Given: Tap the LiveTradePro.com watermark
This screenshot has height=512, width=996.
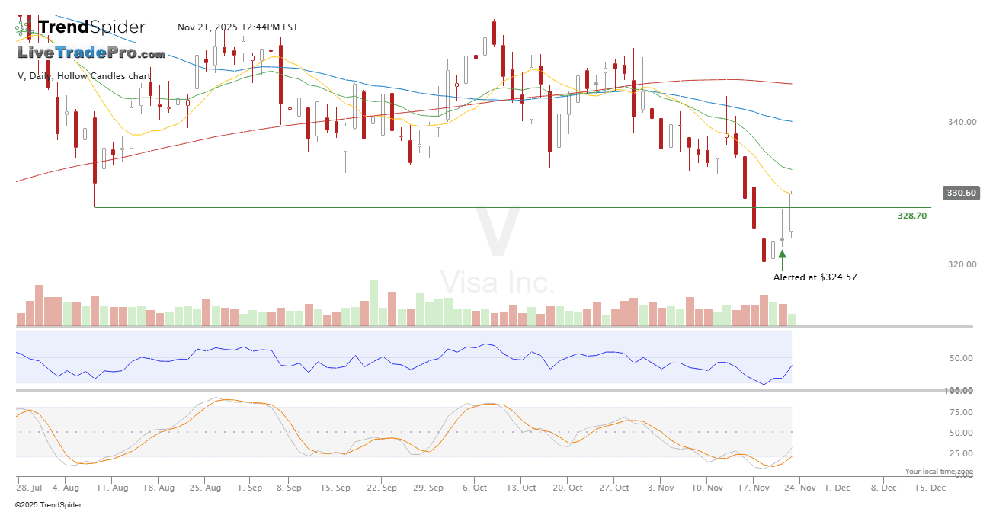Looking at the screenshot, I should point(91,53).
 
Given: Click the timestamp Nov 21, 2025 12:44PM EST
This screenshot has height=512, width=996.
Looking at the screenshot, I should point(238,27).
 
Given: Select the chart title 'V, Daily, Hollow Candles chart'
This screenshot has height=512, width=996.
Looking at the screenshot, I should point(84,76).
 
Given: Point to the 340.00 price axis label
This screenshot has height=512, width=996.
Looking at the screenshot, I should point(962,122).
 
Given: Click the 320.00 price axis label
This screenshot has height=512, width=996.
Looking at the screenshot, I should point(962,265).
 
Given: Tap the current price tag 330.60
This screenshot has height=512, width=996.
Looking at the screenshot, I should point(961,193).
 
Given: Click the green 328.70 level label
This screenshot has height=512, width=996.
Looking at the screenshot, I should point(911,216).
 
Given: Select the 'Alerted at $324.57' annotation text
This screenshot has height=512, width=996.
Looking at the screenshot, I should point(815,277).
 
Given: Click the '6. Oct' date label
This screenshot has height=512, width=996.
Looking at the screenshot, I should point(475,488).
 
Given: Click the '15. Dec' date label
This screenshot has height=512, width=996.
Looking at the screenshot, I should point(931,488).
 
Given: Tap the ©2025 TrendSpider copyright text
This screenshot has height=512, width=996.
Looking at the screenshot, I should point(48,504).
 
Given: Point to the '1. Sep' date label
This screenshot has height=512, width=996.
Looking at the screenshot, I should point(250,488).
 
